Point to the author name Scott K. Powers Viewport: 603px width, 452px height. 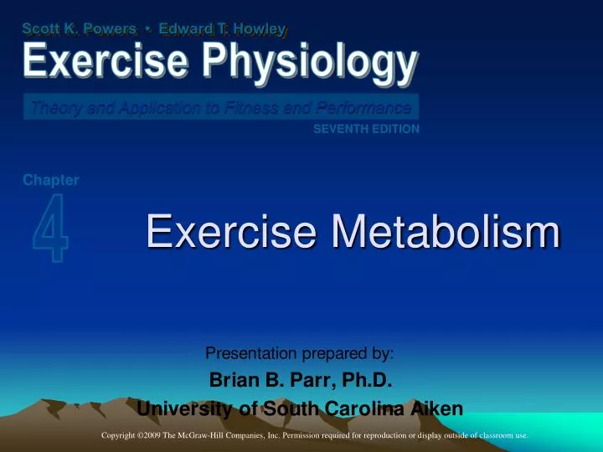pyautogui.click(x=80, y=29)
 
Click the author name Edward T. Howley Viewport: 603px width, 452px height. pyautogui.click(x=224, y=29)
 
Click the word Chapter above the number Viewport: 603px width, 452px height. pyautogui.click(x=51, y=179)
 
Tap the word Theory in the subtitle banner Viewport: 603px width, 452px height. pyautogui.click(x=52, y=107)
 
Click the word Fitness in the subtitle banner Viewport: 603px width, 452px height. pyautogui.click(x=256, y=107)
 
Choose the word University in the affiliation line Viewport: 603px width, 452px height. pyautogui.click(x=178, y=409)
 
